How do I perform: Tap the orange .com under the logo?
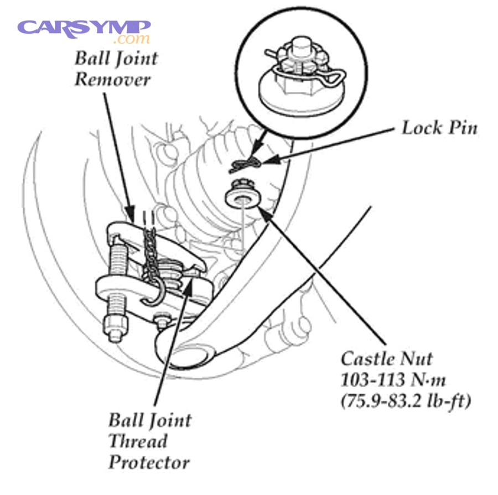coord(131,40)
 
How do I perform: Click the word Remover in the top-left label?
coord(112,79)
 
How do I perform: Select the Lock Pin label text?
coord(439,128)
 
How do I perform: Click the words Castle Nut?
coord(386,359)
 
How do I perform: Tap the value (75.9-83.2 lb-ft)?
coord(406,400)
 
